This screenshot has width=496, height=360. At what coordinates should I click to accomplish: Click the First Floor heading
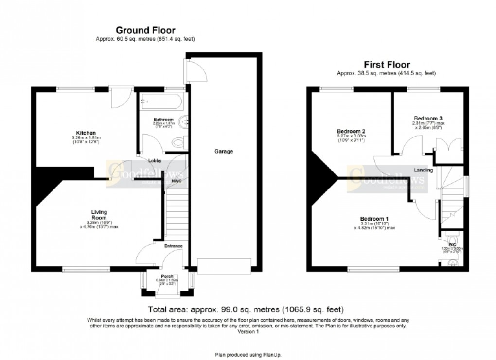pyautogui.click(x=387, y=65)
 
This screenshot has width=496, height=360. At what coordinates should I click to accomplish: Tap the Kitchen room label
pyautogui.click(x=85, y=133)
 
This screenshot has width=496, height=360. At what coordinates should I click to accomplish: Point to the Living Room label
pyautogui.click(x=99, y=215)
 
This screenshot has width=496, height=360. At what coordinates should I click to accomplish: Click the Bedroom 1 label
pyautogui.click(x=373, y=218)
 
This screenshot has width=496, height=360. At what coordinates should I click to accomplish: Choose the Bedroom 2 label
pyautogui.click(x=351, y=131)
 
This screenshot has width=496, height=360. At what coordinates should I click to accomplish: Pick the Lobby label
pyautogui.click(x=148, y=160)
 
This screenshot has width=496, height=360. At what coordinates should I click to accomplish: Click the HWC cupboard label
pyautogui.click(x=176, y=181)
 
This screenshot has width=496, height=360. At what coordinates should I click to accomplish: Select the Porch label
pyautogui.click(x=167, y=275)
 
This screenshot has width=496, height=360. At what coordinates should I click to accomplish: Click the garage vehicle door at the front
pyautogui.click(x=224, y=266)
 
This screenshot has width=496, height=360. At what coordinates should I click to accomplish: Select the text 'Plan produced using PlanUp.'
pyautogui.click(x=248, y=354)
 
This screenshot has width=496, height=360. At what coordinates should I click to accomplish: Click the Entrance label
pyautogui.click(x=173, y=246)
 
